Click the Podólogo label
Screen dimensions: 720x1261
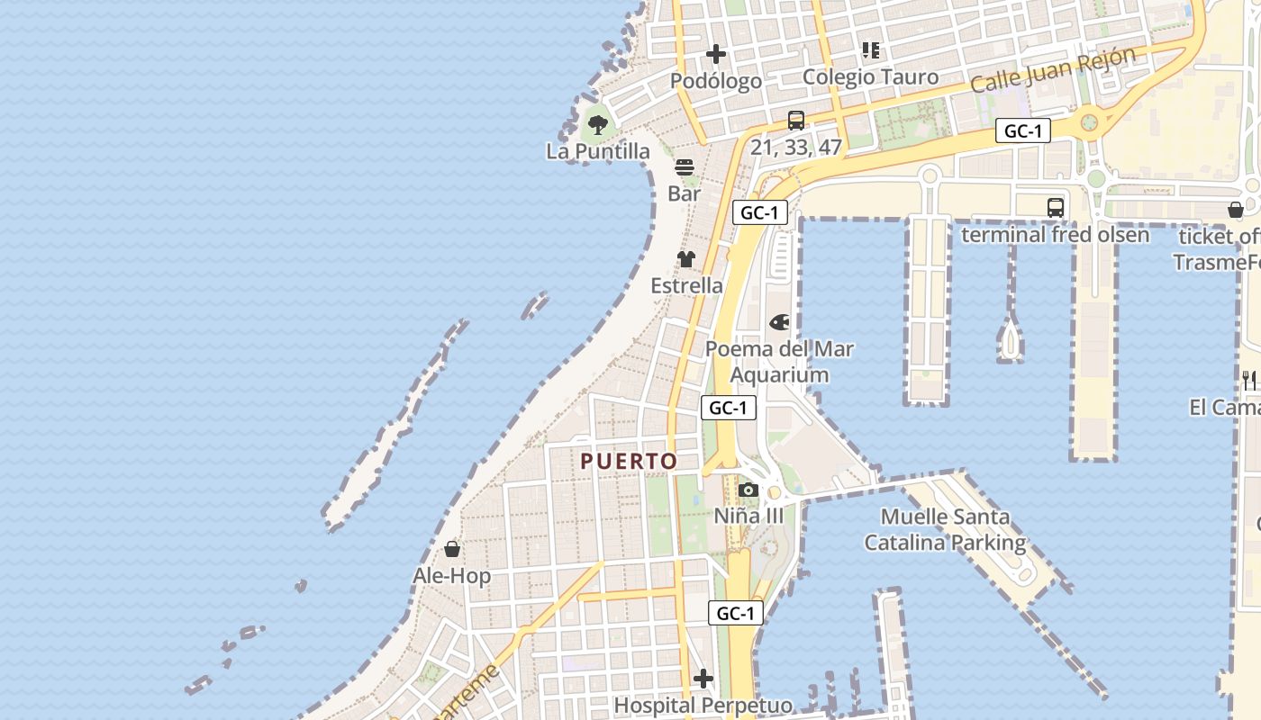pyautogui.click(x=716, y=81)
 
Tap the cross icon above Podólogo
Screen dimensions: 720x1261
pyautogui.click(x=716, y=55)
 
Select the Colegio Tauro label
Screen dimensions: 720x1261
pyautogui.click(x=870, y=77)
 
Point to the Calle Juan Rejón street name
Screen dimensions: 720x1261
pyautogui.click(x=1053, y=70)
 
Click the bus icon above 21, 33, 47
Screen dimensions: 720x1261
pyautogui.click(x=796, y=121)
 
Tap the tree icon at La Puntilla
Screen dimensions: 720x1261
pyautogui.click(x=597, y=125)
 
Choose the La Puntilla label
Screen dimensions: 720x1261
pyautogui.click(x=597, y=151)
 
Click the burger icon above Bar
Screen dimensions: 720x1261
pyautogui.click(x=685, y=167)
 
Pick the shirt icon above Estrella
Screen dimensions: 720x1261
pyautogui.click(x=686, y=259)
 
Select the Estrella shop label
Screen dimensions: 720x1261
pyautogui.click(x=686, y=285)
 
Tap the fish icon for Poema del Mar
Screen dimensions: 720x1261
pyautogui.click(x=779, y=322)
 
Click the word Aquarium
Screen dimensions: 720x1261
pyautogui.click(x=779, y=375)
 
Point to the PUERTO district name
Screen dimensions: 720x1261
pyautogui.click(x=629, y=462)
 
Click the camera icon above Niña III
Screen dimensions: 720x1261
pyautogui.click(x=748, y=490)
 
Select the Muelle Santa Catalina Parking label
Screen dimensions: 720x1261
pyautogui.click(x=945, y=530)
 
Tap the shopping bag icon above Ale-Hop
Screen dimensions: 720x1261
pyautogui.click(x=452, y=549)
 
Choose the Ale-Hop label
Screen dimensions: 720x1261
pyautogui.click(x=452, y=576)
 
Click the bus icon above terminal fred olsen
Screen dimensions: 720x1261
pyautogui.click(x=1056, y=208)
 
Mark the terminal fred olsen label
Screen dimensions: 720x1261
pyautogui.click(x=1056, y=235)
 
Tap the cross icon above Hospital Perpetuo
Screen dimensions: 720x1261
pyautogui.click(x=703, y=679)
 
